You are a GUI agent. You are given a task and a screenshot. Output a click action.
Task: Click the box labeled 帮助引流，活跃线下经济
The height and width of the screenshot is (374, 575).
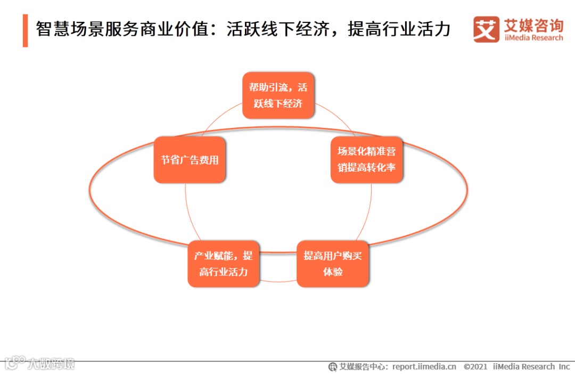(x=278, y=95)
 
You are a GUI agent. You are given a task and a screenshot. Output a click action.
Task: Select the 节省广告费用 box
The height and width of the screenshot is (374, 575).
(x=190, y=160)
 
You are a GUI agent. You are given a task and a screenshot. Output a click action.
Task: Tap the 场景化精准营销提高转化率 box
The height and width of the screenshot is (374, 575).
(x=367, y=159)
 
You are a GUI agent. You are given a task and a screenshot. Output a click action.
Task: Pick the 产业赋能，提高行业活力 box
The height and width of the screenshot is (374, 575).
(x=224, y=264)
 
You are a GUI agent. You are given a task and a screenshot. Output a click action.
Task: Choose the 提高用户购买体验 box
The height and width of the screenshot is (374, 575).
(x=333, y=264)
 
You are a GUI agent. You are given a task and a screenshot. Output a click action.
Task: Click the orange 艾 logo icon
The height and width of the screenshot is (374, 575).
(x=486, y=29)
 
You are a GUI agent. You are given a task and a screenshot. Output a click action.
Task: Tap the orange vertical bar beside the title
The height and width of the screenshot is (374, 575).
(x=25, y=30)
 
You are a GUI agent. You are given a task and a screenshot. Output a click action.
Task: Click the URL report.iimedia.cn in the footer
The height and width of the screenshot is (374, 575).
(x=424, y=367)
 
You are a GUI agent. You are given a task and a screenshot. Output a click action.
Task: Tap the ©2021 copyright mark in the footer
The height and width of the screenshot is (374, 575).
(x=475, y=367)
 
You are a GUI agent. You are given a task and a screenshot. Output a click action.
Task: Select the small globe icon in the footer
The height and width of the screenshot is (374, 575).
(x=333, y=367)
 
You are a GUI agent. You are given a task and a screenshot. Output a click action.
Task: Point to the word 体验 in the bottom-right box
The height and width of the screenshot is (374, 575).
(x=333, y=272)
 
